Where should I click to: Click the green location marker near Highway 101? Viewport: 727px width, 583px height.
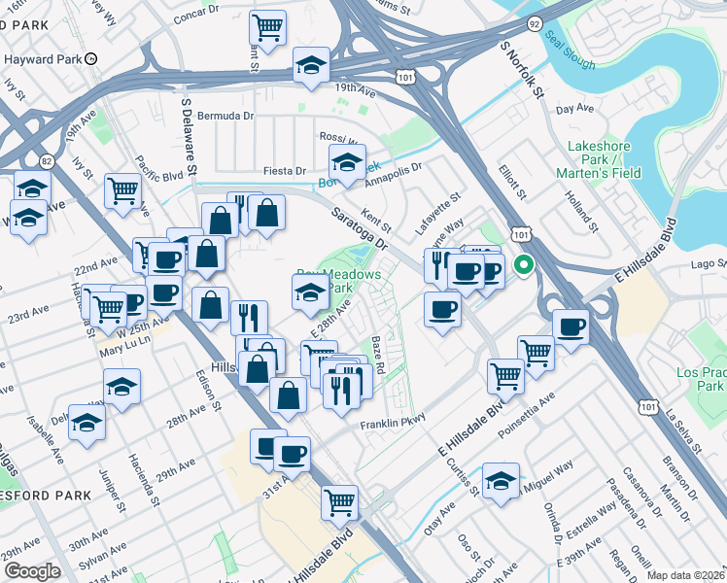pyautogui.click(x=524, y=263)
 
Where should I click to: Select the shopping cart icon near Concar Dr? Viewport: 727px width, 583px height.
pyautogui.click(x=266, y=26)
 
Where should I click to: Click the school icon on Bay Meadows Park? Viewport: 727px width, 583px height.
pyautogui.click(x=310, y=291)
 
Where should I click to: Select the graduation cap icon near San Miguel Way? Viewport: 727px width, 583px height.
pyautogui.click(x=502, y=481)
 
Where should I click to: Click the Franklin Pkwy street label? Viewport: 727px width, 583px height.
pyautogui.click(x=394, y=425)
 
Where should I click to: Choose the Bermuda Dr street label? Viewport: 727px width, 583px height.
pyautogui.click(x=225, y=115)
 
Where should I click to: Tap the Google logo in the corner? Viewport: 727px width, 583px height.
pyautogui.click(x=32, y=571)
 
